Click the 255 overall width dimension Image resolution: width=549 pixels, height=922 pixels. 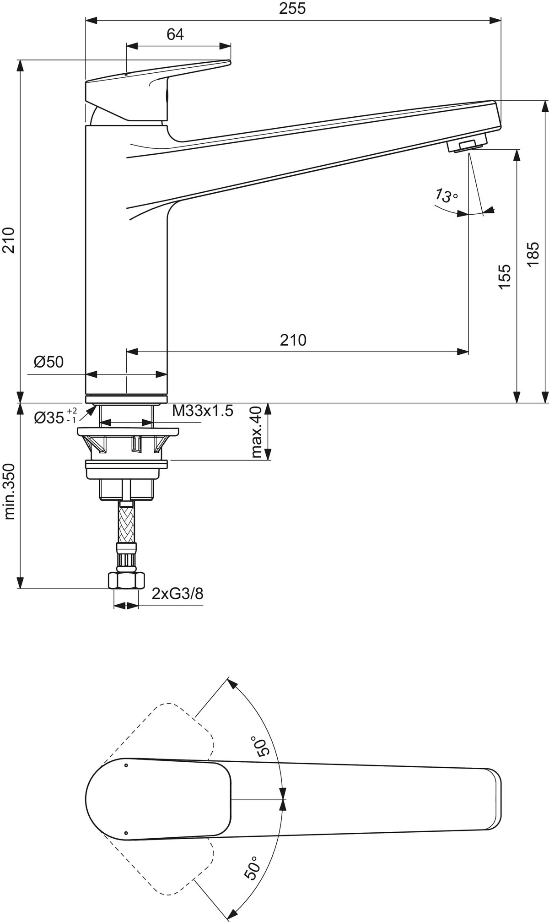click(292, 9)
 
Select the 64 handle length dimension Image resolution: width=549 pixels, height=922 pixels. click(175, 34)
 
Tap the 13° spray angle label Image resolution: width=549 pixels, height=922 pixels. click(445, 196)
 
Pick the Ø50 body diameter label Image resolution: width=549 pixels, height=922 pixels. click(48, 362)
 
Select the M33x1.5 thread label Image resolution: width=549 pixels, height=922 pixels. click(203, 411)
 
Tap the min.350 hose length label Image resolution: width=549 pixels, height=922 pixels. click(10, 492)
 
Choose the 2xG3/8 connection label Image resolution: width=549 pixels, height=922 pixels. click(178, 594)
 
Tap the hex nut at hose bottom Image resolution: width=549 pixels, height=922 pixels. click(126, 580)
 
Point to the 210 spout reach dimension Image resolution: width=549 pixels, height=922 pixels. click(293, 340)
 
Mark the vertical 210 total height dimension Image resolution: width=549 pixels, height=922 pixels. click(10, 240)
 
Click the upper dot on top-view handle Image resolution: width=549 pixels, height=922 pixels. click(127, 765)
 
